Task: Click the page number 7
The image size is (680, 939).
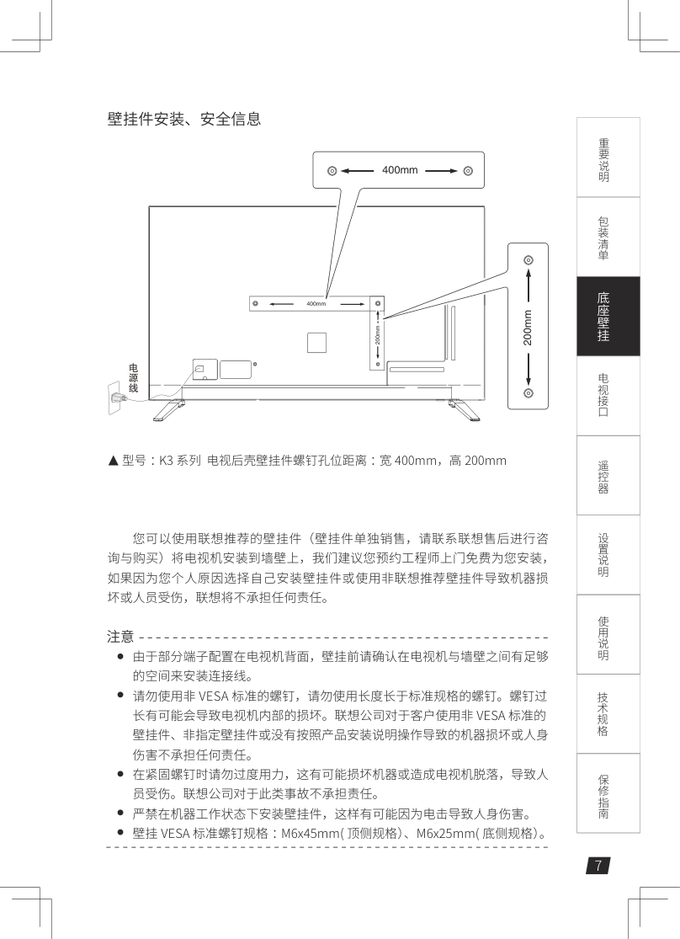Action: (x=598, y=866)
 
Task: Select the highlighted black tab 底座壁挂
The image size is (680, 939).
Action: (x=608, y=316)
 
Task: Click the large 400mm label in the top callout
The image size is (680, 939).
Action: (x=400, y=170)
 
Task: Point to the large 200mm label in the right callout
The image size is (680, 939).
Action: (x=528, y=328)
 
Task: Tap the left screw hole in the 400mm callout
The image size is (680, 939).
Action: (x=332, y=171)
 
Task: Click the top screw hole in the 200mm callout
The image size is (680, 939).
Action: (x=528, y=260)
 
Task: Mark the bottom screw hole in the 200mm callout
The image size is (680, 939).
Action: (x=528, y=392)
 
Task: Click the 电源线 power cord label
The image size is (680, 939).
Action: (x=134, y=378)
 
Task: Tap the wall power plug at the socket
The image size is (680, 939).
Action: (x=117, y=397)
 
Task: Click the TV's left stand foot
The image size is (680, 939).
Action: (x=169, y=409)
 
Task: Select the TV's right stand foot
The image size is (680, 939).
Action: (x=464, y=409)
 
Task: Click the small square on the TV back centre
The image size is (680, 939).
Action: (x=316, y=343)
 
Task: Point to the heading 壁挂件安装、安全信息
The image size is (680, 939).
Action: (x=184, y=119)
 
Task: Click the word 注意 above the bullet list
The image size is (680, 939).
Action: (x=120, y=636)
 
